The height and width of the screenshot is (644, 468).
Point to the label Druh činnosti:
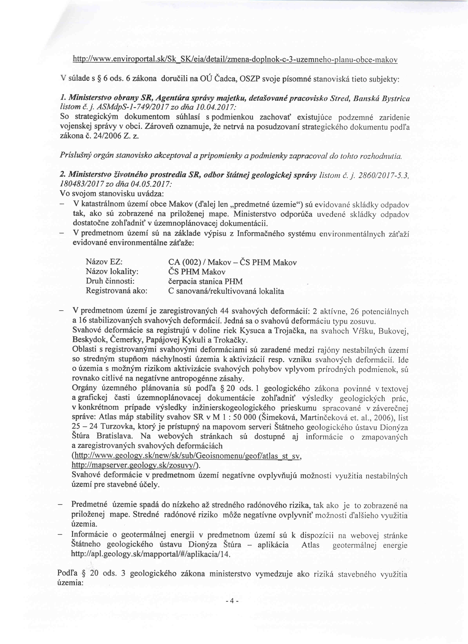110,281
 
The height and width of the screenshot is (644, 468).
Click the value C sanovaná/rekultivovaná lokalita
226,291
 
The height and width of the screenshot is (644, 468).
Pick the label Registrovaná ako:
116,291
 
